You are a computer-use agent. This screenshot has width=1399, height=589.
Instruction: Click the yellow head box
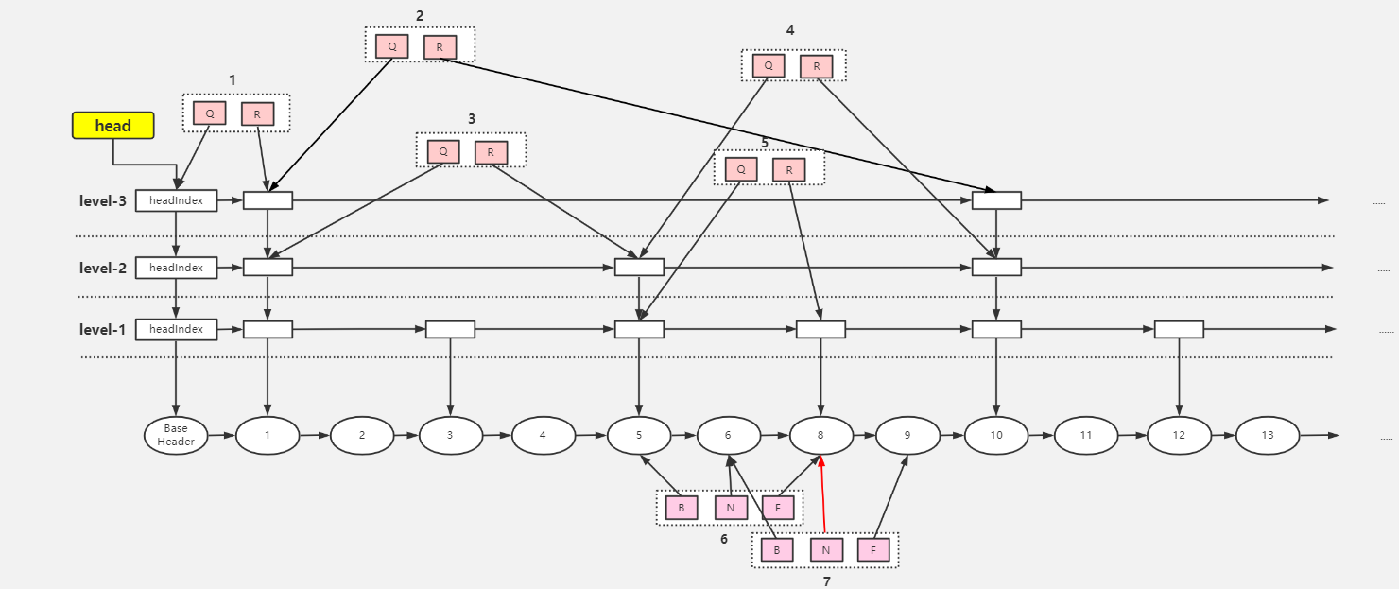tap(112, 125)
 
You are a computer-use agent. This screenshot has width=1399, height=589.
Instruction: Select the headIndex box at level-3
tap(176, 200)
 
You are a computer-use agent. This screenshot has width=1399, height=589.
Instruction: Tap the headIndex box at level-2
tap(176, 268)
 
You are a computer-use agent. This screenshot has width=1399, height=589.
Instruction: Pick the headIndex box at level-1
tap(176, 329)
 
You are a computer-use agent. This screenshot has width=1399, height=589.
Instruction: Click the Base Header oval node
tap(176, 435)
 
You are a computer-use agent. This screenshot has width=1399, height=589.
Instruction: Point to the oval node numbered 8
tap(820, 435)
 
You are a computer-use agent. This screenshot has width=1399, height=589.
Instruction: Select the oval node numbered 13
tap(1268, 435)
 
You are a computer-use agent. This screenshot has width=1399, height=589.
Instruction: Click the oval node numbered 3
tap(450, 435)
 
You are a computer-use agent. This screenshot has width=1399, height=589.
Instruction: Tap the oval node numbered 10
tap(996, 435)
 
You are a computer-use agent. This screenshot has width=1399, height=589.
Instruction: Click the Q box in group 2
tap(391, 46)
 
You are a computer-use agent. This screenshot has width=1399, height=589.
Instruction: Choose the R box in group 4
tap(816, 66)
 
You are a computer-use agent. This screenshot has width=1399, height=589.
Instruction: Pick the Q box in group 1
tap(210, 113)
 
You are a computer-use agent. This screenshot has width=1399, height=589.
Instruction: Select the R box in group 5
tap(788, 170)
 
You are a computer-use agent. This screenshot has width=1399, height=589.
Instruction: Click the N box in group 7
tap(826, 549)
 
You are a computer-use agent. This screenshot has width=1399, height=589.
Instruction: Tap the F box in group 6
tap(778, 508)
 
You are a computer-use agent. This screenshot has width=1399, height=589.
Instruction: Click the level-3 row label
tap(102, 200)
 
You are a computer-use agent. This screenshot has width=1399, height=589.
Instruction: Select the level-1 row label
tap(102, 329)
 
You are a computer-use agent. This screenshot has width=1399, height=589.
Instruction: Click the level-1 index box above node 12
tap(1179, 329)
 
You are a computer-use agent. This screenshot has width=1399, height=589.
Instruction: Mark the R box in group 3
tap(491, 152)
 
